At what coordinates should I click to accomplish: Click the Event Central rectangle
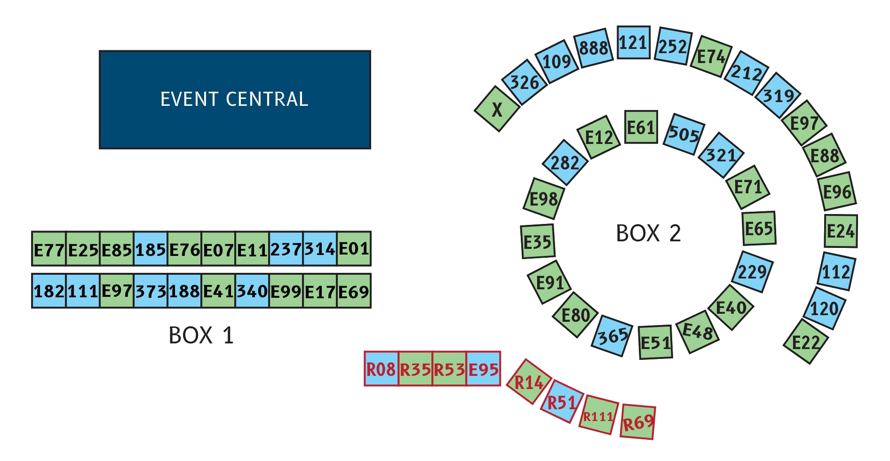point(235,99)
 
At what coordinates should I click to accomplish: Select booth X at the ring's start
point(496,110)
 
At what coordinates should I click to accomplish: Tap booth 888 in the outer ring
point(594,48)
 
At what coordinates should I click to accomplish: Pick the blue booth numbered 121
point(633,43)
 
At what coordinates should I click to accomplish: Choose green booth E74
point(711,56)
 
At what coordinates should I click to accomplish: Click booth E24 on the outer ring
point(841,231)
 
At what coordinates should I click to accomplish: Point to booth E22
point(805,342)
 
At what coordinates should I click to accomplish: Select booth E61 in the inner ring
point(641,127)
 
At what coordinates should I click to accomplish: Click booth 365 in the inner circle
point(613,336)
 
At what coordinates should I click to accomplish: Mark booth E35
point(537,242)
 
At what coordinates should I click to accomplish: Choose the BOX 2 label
point(648,233)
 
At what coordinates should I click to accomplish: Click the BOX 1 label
point(201,335)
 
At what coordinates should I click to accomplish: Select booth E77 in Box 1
point(49,249)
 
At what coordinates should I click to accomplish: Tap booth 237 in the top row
point(286,249)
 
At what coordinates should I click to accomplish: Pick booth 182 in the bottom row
point(49,291)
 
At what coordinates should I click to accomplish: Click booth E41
point(218,291)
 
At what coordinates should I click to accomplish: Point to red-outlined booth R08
point(381,369)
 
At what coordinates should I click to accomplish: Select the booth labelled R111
point(598,416)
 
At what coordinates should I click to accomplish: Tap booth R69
point(638,422)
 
